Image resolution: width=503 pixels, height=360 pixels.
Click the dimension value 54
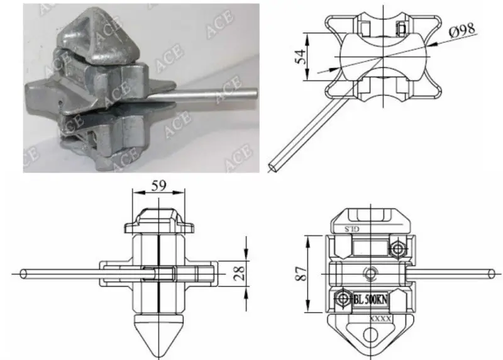click(303, 58)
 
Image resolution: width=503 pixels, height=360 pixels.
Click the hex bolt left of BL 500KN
click(343, 298)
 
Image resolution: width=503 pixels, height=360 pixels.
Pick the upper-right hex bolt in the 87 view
click(397, 249)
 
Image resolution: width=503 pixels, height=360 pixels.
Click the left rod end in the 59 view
click(22, 274)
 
